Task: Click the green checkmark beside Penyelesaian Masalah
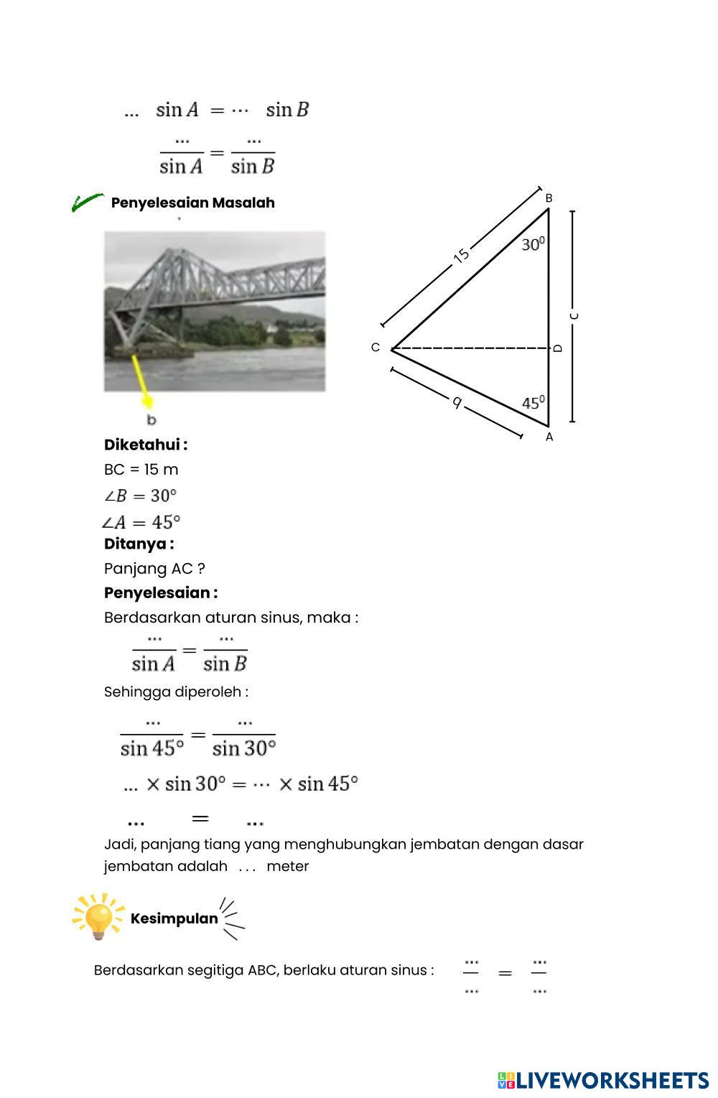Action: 87,203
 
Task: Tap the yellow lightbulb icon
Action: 98,917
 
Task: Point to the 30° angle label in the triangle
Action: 533,245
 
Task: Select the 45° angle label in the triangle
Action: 533,403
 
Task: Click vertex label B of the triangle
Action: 549,198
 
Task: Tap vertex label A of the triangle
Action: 549,437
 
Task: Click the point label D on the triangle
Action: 558,348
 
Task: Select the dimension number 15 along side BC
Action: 462,255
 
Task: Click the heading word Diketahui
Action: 145,445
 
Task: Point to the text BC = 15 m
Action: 141,470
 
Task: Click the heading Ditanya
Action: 139,544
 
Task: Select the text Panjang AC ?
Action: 154,569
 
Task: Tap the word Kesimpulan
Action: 174,918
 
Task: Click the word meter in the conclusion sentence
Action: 287,866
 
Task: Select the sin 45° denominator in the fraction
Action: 152,749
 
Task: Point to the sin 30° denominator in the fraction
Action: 244,749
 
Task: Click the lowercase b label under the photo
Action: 151,420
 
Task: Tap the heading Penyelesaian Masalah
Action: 192,203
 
